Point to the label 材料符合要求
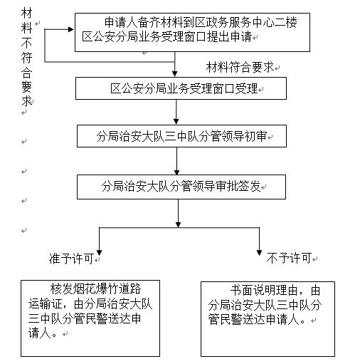pyautogui.click(x=240, y=67)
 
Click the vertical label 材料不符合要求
pyautogui.click(x=26, y=57)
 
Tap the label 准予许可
pyautogui.click(x=71, y=259)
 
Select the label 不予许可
pyautogui.click(x=289, y=258)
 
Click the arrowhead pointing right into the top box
pyautogui.click(x=71, y=29)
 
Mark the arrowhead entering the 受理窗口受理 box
pyautogui.click(x=175, y=73)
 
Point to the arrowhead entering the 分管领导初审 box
pyautogui.click(x=176, y=121)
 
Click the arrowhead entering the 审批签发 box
pyautogui.click(x=176, y=172)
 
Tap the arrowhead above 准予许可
pyautogui.click(x=99, y=253)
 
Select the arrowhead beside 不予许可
pyautogui.click(x=259, y=253)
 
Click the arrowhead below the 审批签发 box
pyautogui.click(x=179, y=224)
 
